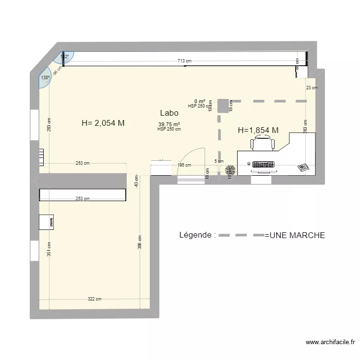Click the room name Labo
click(169, 113)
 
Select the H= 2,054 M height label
click(103, 123)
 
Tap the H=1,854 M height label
click(258, 130)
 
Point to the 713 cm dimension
click(184, 61)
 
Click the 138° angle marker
click(45, 78)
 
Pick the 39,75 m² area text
click(169, 124)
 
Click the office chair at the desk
click(262, 143)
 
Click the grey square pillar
click(223, 106)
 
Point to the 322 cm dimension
click(95, 299)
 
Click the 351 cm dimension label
click(49, 248)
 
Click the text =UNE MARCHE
click(295, 235)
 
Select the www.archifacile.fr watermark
click(330, 342)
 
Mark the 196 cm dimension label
click(184, 165)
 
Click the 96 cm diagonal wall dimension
click(56, 71)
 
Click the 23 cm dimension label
click(312, 88)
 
